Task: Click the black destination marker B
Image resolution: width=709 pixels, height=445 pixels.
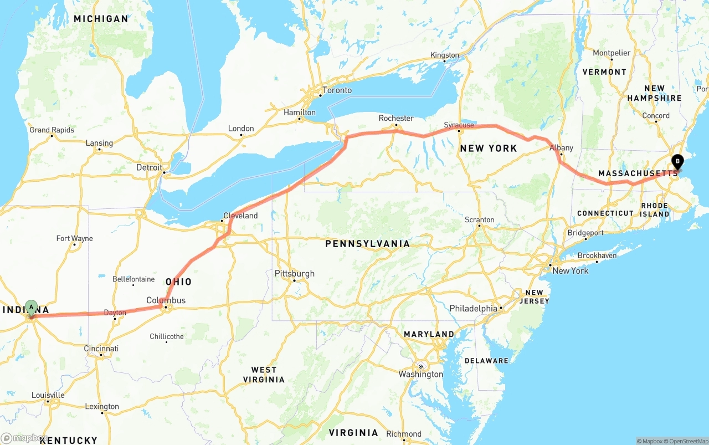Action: (677, 162)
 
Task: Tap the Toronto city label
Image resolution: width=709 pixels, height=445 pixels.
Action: (337, 90)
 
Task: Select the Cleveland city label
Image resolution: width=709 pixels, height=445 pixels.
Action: (240, 216)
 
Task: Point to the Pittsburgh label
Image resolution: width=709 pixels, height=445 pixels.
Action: (294, 273)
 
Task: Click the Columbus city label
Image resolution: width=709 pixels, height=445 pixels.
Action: (166, 300)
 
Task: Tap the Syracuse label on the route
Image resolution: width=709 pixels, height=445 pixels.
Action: (459, 125)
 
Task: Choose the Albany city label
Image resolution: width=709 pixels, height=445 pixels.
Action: (561, 148)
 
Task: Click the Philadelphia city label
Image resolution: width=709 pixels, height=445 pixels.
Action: (473, 308)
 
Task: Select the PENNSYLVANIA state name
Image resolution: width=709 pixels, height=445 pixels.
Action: (367, 244)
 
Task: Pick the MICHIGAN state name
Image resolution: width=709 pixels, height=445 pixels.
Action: (101, 19)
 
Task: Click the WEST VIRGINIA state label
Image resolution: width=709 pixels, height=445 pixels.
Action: (264, 375)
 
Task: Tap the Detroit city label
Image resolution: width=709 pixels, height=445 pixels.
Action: (150, 167)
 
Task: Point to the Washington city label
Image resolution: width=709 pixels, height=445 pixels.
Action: (420, 374)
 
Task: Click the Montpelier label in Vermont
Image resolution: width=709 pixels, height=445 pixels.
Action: (612, 53)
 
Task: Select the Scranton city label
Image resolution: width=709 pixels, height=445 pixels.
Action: (479, 220)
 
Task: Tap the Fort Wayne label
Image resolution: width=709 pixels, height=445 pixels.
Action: (74, 239)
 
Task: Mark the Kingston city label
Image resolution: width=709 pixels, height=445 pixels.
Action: (445, 55)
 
